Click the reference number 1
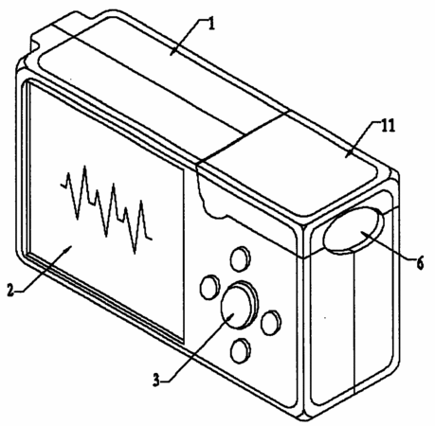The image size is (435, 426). click(212, 25)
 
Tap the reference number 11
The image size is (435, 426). click(388, 126)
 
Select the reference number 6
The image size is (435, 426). click(420, 263)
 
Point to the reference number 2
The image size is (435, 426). click(10, 290)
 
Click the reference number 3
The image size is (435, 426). click(156, 381)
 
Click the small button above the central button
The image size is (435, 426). click(241, 258)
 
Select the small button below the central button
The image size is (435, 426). click(241, 350)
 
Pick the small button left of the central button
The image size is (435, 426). click(209, 287)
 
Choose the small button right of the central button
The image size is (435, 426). click(271, 322)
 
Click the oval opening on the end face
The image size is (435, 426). click(353, 230)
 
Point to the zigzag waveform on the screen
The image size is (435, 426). click(106, 208)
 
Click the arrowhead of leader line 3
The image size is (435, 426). click(232, 314)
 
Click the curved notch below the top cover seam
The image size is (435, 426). click(211, 197)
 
